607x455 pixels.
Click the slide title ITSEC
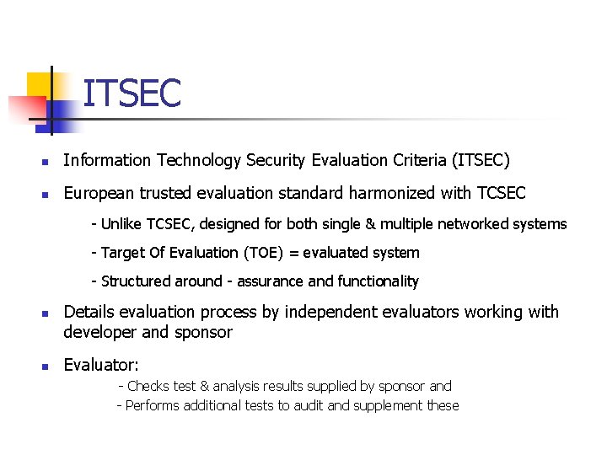(132, 93)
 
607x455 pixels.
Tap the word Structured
(136, 281)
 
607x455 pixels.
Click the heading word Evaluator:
(101, 366)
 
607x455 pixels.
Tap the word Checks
(148, 386)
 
